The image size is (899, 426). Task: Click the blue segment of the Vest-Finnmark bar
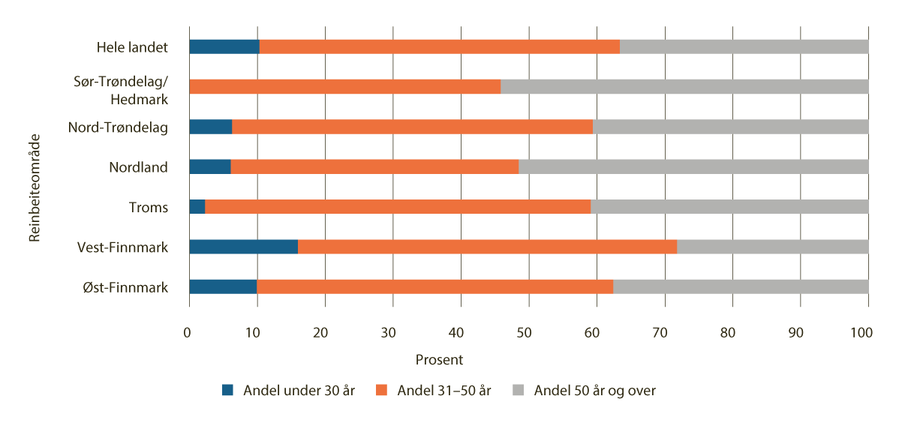[x=243, y=247]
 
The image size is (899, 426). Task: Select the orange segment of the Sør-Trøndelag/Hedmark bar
[x=344, y=86]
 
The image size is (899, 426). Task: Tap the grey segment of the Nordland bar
[x=693, y=166]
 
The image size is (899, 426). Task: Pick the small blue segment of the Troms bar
[x=197, y=206]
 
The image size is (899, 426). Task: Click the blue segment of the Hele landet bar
[x=224, y=46]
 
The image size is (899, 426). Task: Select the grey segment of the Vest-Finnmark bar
[x=772, y=247]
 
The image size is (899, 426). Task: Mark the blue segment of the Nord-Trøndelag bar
[x=210, y=127]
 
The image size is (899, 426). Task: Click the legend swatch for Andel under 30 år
[x=228, y=390]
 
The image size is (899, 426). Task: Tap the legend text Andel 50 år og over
[x=594, y=390]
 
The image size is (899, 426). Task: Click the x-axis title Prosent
[x=439, y=360]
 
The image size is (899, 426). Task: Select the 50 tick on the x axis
[x=528, y=333]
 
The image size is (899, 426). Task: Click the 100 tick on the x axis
[x=867, y=333]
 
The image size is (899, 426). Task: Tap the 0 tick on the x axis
[x=189, y=333]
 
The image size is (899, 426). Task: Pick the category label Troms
[x=149, y=207]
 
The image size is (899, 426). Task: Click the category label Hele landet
[x=132, y=47]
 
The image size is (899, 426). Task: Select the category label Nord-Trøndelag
[x=118, y=127]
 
